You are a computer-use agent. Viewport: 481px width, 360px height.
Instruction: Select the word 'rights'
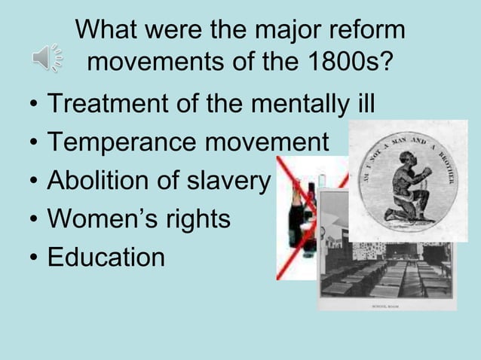[200, 220]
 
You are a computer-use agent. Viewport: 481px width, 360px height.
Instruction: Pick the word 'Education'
[106, 258]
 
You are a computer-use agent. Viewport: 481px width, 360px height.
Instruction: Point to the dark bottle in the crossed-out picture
[298, 219]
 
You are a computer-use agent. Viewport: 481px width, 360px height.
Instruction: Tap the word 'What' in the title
[105, 31]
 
